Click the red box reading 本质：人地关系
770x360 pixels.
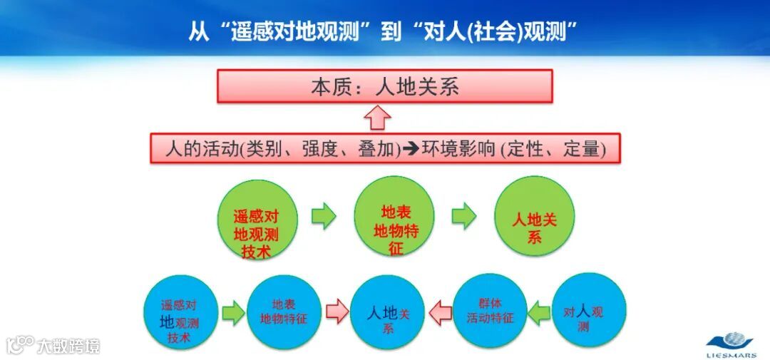[385, 87]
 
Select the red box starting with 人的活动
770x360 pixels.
[385, 149]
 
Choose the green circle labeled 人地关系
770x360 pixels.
[534, 218]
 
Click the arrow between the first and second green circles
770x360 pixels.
[324, 217]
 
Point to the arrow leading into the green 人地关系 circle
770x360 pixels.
[464, 217]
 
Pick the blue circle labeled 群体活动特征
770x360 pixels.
[490, 312]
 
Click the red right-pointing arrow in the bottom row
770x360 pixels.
[336, 312]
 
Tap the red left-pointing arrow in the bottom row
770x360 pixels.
[440, 312]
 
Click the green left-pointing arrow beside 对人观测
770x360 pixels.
[539, 312]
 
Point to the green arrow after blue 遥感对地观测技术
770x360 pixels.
[232, 312]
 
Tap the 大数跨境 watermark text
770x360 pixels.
[68, 346]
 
